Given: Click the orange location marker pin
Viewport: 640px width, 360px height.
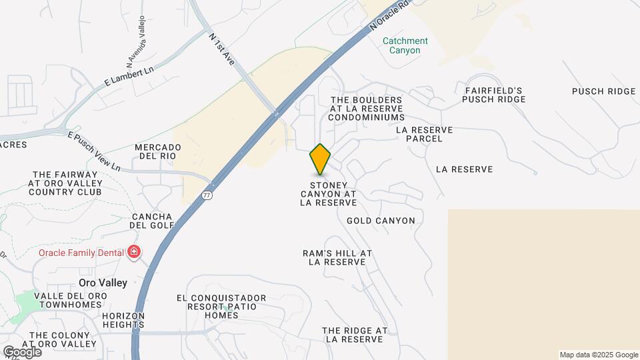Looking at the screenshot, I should [320, 159].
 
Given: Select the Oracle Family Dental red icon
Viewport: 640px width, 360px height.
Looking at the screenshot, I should [134, 252].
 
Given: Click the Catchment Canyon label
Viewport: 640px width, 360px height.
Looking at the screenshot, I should [405, 45].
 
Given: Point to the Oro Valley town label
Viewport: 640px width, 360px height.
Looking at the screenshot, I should [103, 283].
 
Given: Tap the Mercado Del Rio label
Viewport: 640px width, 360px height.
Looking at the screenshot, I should [158, 151].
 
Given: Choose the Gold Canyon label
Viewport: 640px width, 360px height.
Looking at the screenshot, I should [381, 221].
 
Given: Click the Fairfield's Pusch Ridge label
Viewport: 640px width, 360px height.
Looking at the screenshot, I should [494, 95].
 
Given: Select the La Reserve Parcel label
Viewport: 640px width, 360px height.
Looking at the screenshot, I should [424, 134].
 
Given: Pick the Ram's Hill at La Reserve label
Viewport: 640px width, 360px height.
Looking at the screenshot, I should [337, 257].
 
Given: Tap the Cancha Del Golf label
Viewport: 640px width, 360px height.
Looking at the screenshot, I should [152, 221].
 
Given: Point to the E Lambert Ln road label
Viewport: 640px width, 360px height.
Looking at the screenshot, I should [129, 77].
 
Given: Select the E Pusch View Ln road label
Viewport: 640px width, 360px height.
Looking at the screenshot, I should [94, 150].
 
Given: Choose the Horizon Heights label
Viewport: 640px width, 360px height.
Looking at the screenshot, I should [123, 320].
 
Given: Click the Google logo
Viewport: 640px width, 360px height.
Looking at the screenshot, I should [22, 351].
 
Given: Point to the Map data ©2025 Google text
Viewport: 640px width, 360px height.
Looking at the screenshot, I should [598, 355].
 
